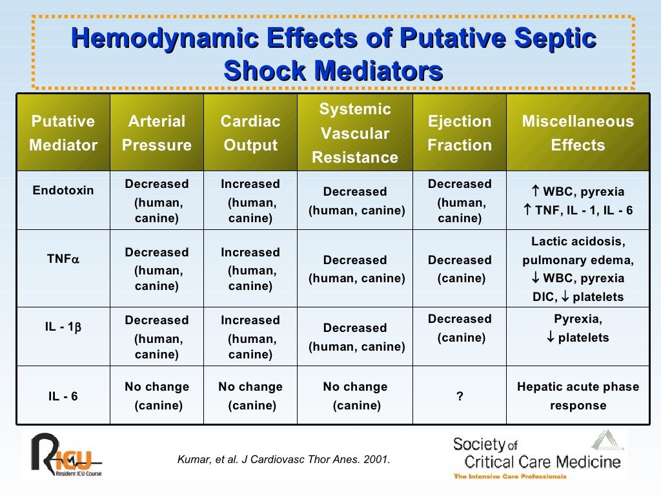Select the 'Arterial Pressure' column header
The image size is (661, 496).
157,134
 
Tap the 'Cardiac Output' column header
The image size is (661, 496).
250,134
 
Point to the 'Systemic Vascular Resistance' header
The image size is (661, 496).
355,134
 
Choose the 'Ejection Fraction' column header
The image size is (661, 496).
460,134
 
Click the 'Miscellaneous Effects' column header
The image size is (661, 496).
578,134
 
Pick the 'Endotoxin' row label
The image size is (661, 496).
63,191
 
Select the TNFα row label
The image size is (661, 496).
63,259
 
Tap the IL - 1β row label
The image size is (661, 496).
63,327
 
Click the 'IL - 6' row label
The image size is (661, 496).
63,397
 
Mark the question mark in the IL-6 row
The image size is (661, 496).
460,397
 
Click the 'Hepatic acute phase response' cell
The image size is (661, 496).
578,397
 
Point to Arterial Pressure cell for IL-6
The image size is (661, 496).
157,397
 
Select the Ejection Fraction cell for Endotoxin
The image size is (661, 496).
460,201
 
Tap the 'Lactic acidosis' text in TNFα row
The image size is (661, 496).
578,242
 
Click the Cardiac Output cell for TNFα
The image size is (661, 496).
250,269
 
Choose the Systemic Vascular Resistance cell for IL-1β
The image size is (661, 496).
355,337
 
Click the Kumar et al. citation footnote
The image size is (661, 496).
283,460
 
